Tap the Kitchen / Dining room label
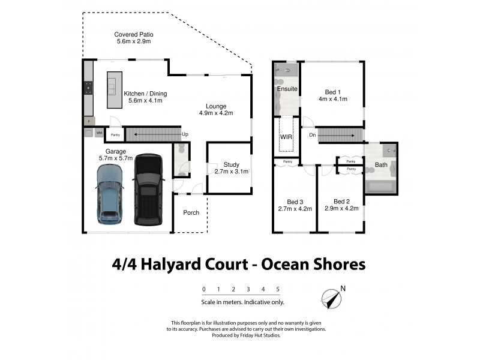[145, 98]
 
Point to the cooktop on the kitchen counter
[88, 89]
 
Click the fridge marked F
[88, 121]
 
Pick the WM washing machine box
[98, 133]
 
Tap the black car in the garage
[147, 190]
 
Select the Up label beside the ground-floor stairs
[185, 134]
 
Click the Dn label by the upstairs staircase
[312, 135]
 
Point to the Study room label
[231, 168]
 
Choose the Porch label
[191, 212]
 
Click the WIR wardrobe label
[286, 137]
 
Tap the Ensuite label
[287, 89]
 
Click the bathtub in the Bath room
[380, 187]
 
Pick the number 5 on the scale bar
[278, 289]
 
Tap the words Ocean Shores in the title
[316, 264]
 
